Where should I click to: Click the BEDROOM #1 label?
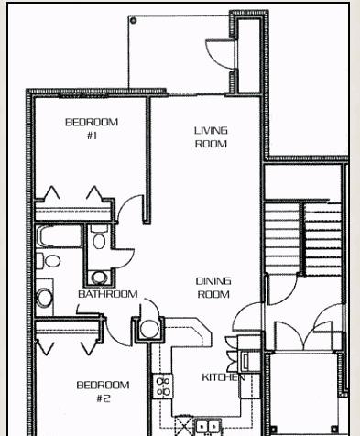point(92,128)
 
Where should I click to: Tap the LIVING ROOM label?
point(211,137)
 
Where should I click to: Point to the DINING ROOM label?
point(213,288)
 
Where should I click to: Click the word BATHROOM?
point(108,294)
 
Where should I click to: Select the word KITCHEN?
point(224,377)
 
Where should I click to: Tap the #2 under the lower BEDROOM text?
point(104,398)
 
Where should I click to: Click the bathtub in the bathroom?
point(59,236)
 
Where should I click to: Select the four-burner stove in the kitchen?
point(163,386)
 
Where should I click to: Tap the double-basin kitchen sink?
point(208,426)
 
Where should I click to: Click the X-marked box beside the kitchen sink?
point(184,426)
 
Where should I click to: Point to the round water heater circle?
point(149,329)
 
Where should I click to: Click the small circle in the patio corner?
point(133,21)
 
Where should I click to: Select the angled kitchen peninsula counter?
point(187,332)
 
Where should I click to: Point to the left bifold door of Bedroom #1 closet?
point(52,194)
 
